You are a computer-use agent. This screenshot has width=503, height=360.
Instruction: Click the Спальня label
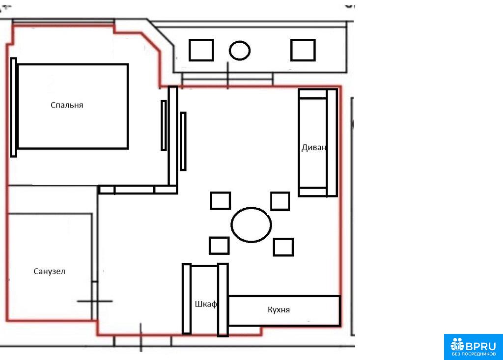click(x=67, y=105)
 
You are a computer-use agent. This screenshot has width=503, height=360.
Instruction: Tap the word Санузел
click(x=50, y=272)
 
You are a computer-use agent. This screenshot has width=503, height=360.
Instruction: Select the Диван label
click(x=314, y=147)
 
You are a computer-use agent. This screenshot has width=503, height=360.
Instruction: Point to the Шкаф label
click(x=206, y=304)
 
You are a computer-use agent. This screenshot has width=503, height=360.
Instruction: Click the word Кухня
click(x=279, y=309)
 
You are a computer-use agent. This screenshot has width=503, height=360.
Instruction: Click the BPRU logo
click(x=474, y=347)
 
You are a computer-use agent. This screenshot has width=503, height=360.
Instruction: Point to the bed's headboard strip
click(x=13, y=107)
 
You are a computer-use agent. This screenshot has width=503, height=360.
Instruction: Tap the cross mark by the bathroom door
click(x=95, y=301)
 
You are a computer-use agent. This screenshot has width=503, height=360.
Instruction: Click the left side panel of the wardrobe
click(x=187, y=299)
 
